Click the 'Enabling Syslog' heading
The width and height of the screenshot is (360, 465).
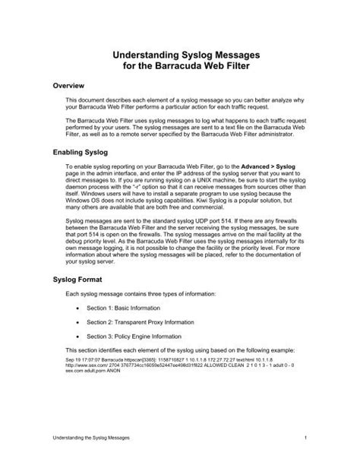pos(82,152)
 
